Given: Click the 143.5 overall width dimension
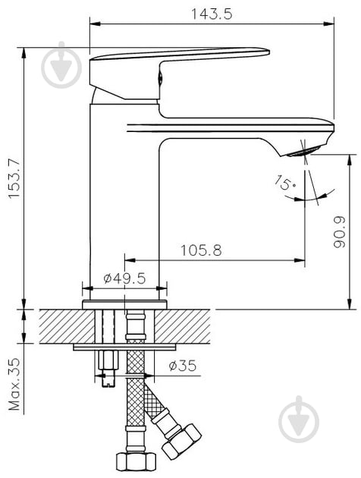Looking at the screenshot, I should (212, 12).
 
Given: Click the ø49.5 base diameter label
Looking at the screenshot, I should (124, 278).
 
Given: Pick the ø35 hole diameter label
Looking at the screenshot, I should (181, 366).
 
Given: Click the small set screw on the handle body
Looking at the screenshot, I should (159, 76).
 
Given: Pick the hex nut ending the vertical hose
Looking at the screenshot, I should (135, 461).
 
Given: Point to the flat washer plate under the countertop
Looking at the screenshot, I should (124, 347).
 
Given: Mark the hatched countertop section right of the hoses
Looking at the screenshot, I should (186, 326).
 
